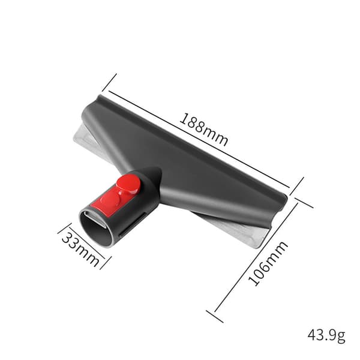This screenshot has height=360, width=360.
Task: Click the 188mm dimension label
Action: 203,129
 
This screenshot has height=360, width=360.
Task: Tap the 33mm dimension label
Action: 81,249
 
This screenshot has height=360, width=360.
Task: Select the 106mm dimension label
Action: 268,263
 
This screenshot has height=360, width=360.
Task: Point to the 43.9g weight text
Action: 326,336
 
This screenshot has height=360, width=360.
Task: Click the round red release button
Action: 128,184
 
